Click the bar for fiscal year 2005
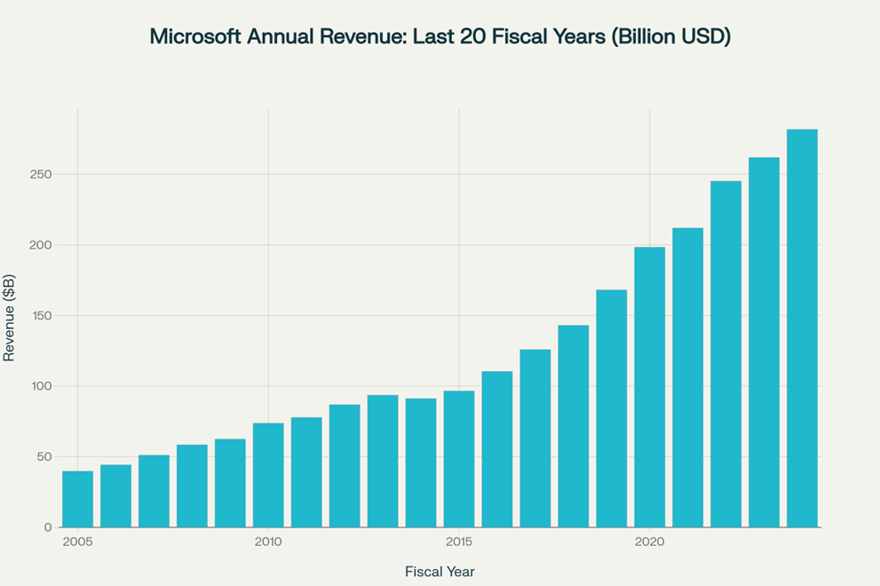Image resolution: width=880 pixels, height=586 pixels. pyautogui.click(x=77, y=499)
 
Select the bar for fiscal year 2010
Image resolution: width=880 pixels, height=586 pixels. pyautogui.click(x=268, y=475)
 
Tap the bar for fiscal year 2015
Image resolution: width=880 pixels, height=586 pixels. pyautogui.click(x=459, y=459)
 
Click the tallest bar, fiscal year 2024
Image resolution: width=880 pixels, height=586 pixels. pyautogui.click(x=802, y=329)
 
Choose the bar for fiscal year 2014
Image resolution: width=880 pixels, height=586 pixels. pyautogui.click(x=421, y=463)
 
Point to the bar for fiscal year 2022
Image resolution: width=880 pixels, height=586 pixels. pyautogui.click(x=725, y=354)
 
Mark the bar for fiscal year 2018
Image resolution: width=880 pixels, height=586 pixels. pyautogui.click(x=574, y=426)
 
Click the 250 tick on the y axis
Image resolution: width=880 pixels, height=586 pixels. pyautogui.click(x=41, y=175)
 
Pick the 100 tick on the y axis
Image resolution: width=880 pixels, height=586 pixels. pyautogui.click(x=41, y=386)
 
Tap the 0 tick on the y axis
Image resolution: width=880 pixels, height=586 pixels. pyautogui.click(x=48, y=527)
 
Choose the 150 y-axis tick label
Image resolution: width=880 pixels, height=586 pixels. pyautogui.click(x=41, y=316)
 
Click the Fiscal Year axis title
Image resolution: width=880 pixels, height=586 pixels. pyautogui.click(x=440, y=570)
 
